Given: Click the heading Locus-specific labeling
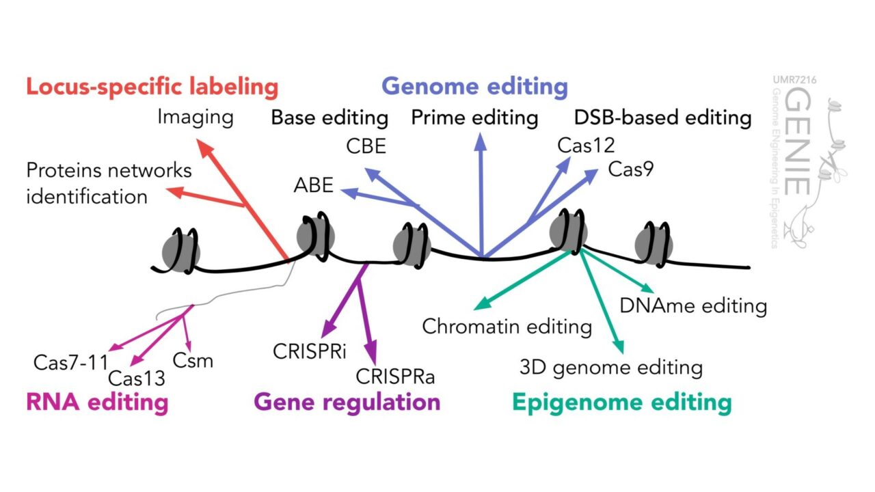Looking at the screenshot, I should tap(152, 87).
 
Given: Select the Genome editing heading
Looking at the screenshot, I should tap(474, 87).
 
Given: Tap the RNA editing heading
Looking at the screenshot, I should tap(97, 402).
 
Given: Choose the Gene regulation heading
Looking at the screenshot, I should tap(347, 402).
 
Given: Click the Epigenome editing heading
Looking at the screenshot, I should tap(621, 402).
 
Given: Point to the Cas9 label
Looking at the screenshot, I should tap(630, 169).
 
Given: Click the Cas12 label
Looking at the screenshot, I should tap(586, 145).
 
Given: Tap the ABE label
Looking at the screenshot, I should tap(314, 184).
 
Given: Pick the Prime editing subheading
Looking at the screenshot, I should tap(474, 118).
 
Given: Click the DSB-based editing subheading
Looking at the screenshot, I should tap(662, 118).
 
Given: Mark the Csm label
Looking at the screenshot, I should tap(193, 359).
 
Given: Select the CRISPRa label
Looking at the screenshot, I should tap(396, 376).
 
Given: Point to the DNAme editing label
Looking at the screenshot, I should tap(692, 305).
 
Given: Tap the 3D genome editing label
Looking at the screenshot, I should tap(610, 368).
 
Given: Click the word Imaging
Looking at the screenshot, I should tap(196, 117).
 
